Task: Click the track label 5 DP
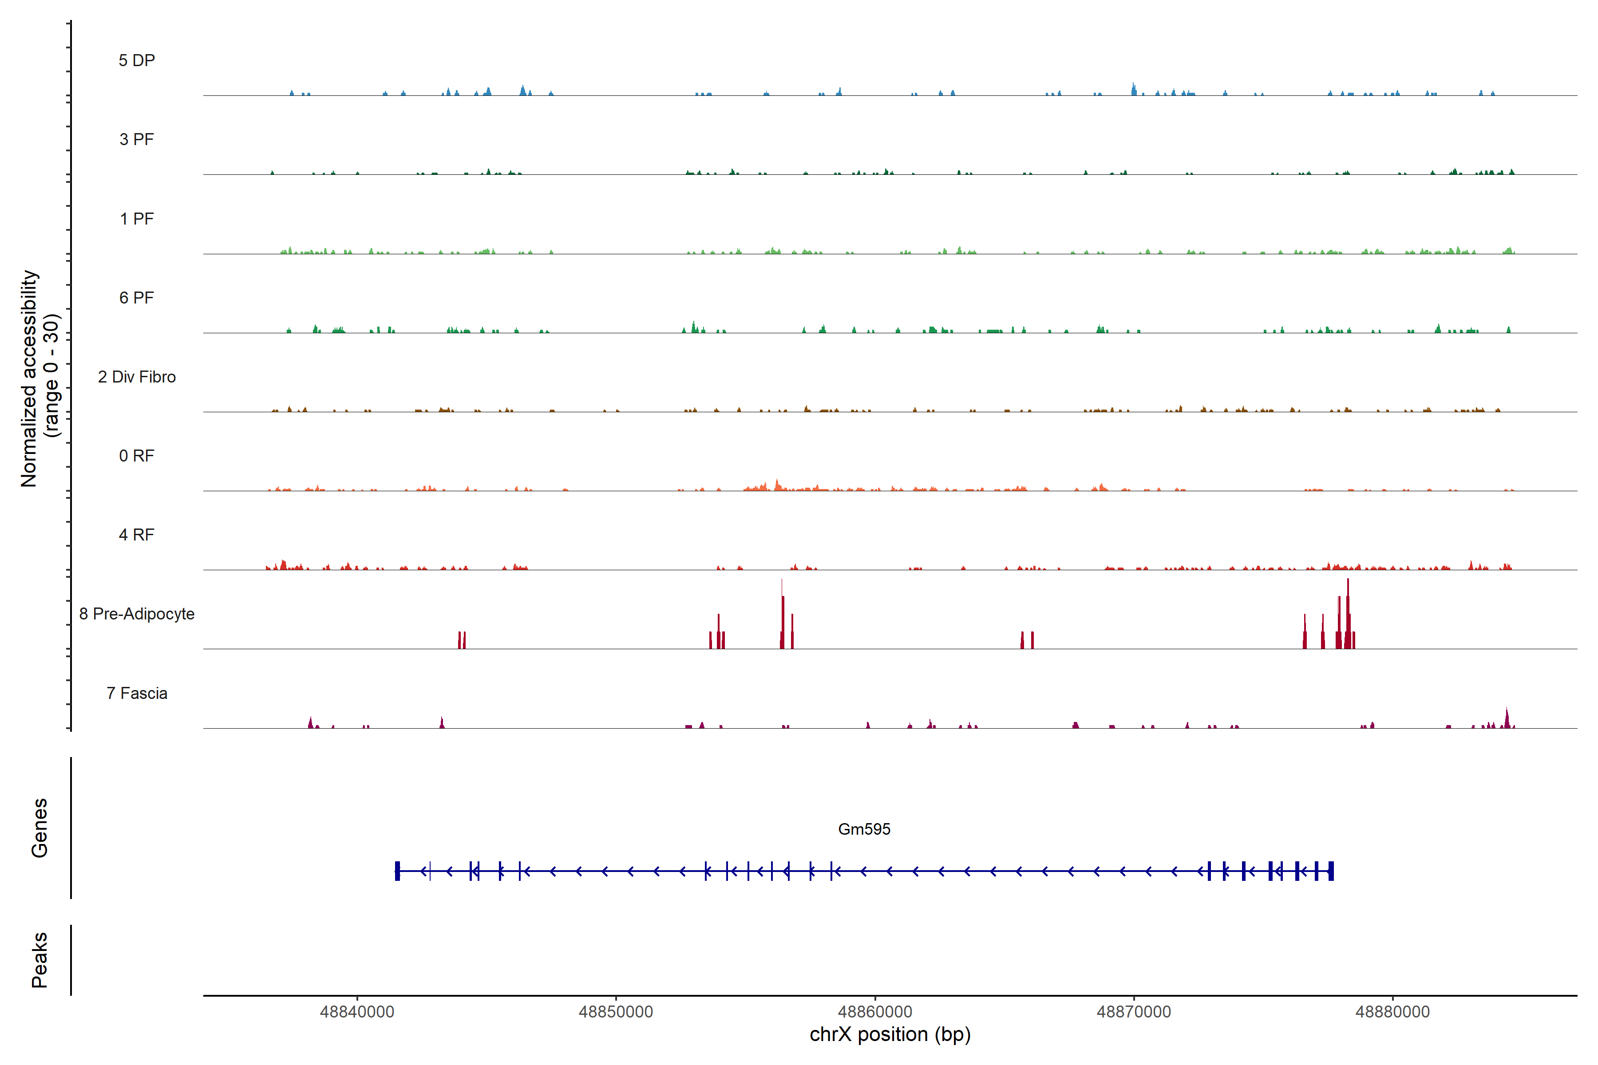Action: coord(137,60)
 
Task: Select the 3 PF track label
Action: coord(137,139)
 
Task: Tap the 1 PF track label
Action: coord(137,219)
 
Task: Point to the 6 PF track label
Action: coord(137,297)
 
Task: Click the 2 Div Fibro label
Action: coord(137,377)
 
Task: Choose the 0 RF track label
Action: coord(137,456)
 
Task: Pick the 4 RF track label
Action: coord(137,535)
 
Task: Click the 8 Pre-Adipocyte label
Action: coord(137,614)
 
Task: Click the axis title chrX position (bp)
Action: coord(890,1034)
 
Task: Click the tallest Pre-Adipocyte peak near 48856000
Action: coord(782,611)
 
